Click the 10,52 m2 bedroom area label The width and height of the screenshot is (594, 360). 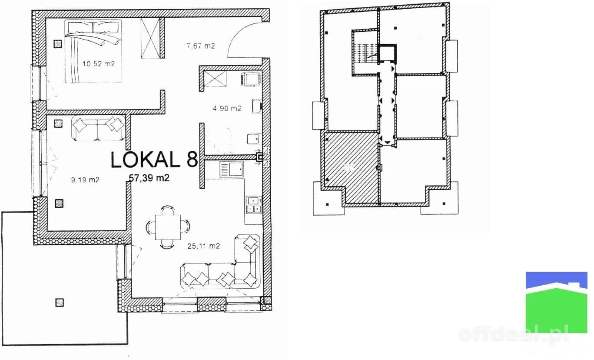click(98, 63)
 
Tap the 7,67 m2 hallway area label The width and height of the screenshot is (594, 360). click(200, 46)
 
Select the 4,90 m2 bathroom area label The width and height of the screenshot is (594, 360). click(227, 108)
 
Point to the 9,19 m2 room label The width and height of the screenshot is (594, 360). click(85, 180)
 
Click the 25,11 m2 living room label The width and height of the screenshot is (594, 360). click(204, 246)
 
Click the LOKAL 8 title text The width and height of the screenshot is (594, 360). click(154, 160)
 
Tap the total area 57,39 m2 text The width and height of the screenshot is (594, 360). click(149, 178)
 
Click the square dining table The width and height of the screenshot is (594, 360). click(168, 227)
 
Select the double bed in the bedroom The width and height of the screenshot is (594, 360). click(93, 51)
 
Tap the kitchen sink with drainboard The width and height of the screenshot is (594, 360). click(232, 170)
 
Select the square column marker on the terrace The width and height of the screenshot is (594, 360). click(60, 303)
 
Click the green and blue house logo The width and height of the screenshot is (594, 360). click(556, 302)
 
